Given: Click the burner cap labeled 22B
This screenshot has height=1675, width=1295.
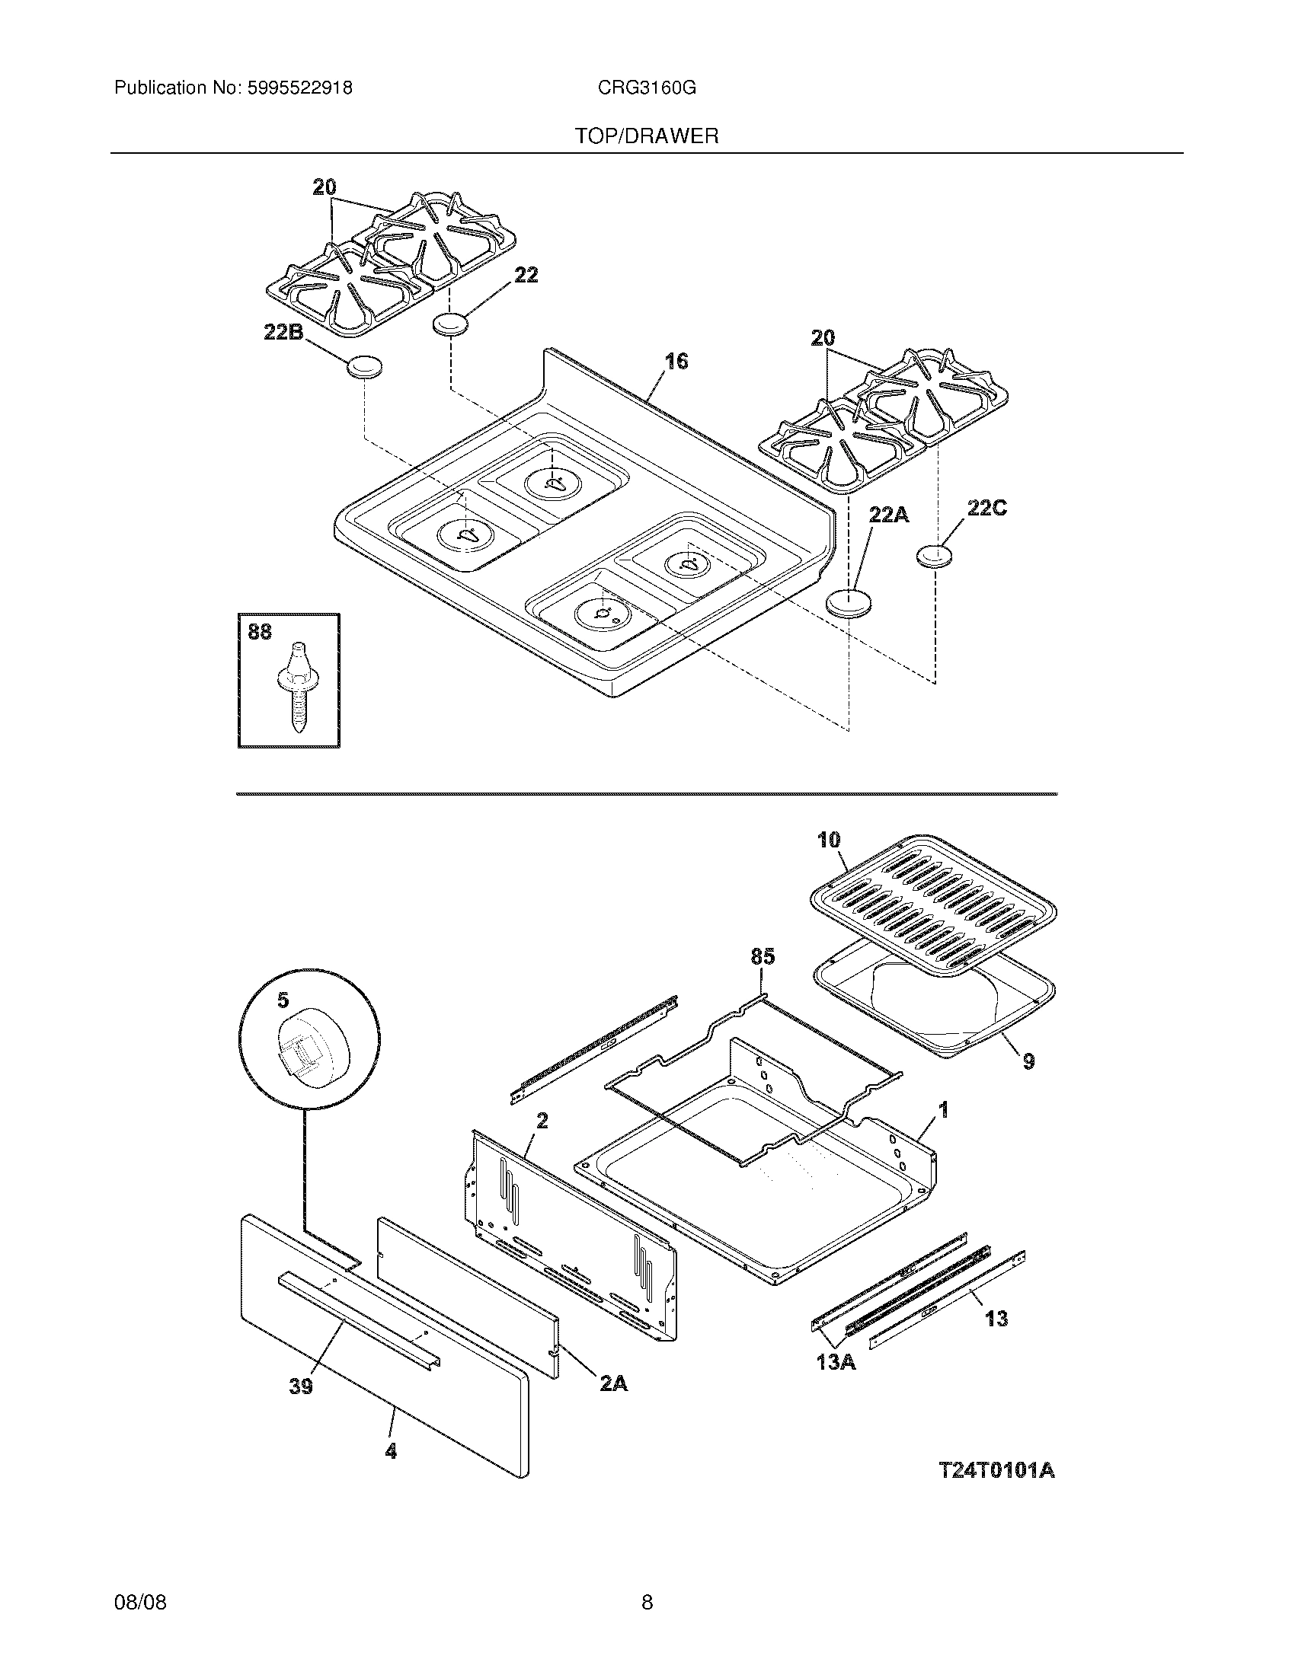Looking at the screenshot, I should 364,369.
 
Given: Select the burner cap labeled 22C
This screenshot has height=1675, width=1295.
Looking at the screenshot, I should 932,556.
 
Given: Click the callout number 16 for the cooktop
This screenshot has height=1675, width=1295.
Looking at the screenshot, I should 676,361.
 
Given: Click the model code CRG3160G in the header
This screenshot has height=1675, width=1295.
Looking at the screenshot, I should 647,88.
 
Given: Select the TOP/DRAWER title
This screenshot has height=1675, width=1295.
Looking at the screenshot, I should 647,136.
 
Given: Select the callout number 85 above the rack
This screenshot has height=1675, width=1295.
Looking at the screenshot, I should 763,956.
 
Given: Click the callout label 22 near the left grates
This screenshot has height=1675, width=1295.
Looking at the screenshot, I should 526,275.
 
